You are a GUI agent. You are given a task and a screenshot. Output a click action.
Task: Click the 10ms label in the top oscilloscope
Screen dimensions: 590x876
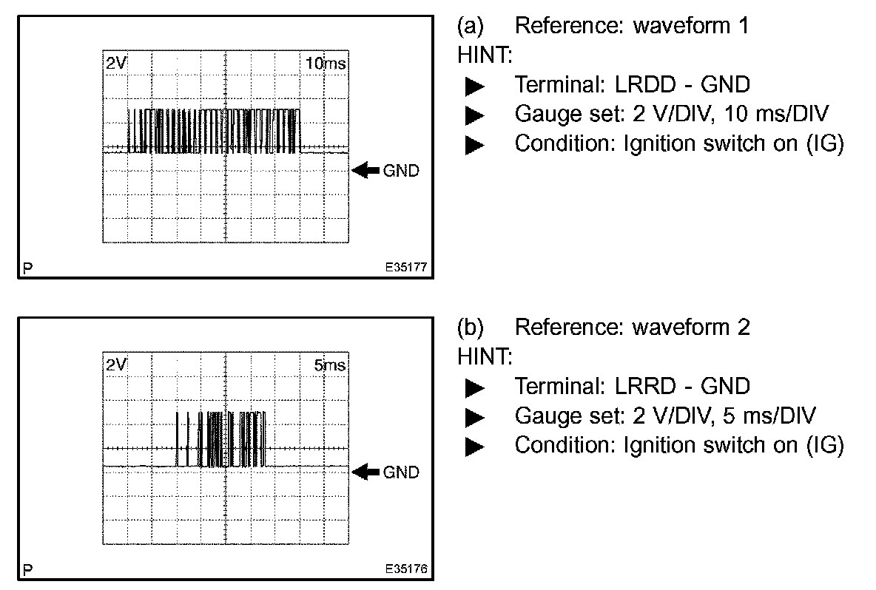pos(326,64)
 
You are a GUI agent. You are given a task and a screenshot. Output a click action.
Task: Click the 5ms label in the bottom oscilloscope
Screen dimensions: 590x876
pos(330,366)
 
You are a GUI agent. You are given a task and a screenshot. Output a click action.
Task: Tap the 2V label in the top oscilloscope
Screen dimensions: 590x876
pos(115,64)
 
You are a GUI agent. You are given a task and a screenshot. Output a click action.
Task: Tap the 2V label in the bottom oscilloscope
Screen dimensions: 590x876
pos(115,366)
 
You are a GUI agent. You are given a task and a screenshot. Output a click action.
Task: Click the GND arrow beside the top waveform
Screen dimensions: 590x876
pos(365,171)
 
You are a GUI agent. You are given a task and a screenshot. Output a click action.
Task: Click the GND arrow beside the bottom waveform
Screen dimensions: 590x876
pos(365,472)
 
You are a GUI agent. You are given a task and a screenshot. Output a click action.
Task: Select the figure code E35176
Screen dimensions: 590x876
pos(406,570)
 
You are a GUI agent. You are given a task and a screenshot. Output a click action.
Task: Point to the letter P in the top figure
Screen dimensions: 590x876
pos(27,268)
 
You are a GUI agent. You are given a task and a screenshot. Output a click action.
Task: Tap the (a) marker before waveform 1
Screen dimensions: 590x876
pos(471,26)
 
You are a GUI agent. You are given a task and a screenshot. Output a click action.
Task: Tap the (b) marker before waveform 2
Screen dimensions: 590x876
pos(471,327)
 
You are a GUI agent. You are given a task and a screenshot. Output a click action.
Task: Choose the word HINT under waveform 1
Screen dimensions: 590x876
pos(483,55)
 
